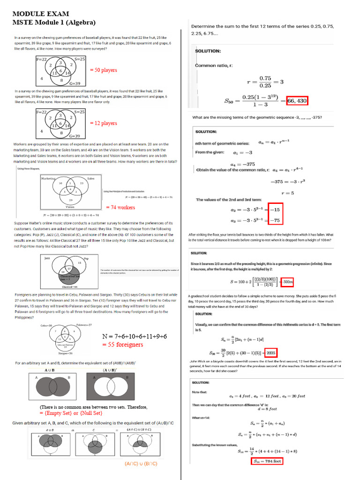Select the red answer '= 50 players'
pos(104,70)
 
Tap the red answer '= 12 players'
pos(104,123)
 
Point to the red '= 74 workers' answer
pos(120,207)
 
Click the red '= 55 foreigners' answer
pos(123,345)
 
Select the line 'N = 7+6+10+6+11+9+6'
pos(135,337)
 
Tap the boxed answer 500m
pos(287,282)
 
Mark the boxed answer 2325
pos(272,352)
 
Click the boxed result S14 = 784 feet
pos(267,461)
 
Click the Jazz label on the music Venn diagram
pos(47,258)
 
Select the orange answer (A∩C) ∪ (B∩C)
pos(141,464)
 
